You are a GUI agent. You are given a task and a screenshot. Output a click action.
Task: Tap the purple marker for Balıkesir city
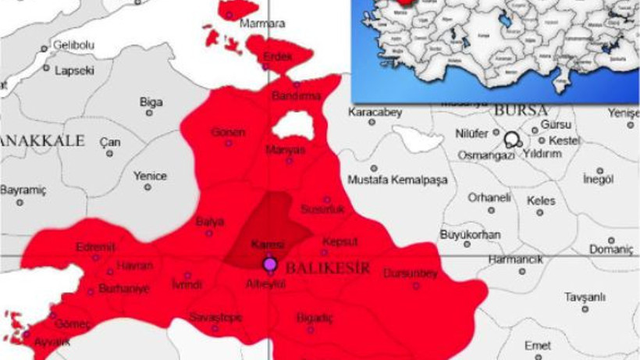[270, 264]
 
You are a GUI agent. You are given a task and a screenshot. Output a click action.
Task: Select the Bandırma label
[297, 96]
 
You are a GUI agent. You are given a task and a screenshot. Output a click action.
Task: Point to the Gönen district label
[228, 132]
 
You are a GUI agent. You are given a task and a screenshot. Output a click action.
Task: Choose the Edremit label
[95, 248]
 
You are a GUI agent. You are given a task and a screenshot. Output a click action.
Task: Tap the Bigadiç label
[315, 318]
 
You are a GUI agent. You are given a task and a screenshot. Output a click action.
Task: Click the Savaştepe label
[216, 317]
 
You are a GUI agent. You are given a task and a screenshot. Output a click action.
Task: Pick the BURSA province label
[521, 110]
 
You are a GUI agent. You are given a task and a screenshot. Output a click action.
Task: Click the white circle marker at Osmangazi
[512, 140]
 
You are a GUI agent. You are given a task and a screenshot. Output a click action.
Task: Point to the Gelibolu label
[73, 45]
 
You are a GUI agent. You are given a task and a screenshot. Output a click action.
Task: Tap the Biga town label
[151, 102]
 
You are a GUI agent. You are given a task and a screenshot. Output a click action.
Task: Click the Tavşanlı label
[585, 297]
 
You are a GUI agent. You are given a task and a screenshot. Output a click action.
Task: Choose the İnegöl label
[599, 180]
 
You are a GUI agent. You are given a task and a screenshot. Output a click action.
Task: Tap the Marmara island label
[262, 23]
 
